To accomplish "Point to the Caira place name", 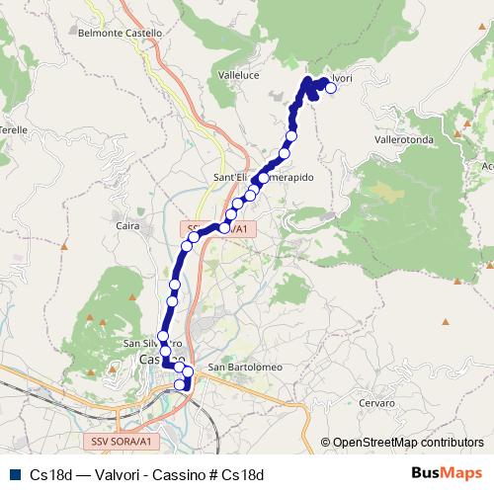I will pos(127,226).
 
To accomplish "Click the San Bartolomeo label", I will pos(244,369).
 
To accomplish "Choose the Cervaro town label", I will pos(376,403).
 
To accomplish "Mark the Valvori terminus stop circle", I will pos(331,88).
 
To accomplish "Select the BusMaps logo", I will pos(446,473).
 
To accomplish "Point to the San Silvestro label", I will pos(151,344).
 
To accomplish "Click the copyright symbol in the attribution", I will pos(325,443).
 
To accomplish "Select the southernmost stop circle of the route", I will pos(181,384).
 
